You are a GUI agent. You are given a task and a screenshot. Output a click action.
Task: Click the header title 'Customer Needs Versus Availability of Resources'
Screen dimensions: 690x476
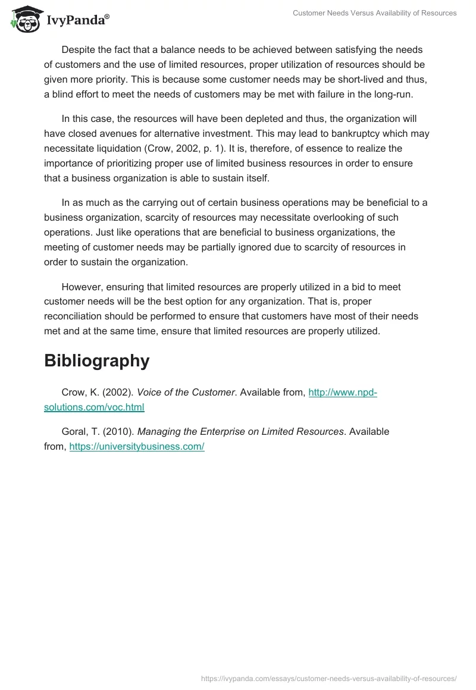click(374, 13)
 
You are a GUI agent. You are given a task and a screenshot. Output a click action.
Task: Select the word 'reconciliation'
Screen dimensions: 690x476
click(77, 316)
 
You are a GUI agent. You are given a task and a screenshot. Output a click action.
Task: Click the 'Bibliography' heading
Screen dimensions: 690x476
click(96, 360)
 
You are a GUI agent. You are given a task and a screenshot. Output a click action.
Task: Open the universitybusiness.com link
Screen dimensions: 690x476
click(137, 446)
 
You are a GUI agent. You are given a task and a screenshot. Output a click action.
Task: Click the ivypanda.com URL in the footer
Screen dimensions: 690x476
click(329, 678)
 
